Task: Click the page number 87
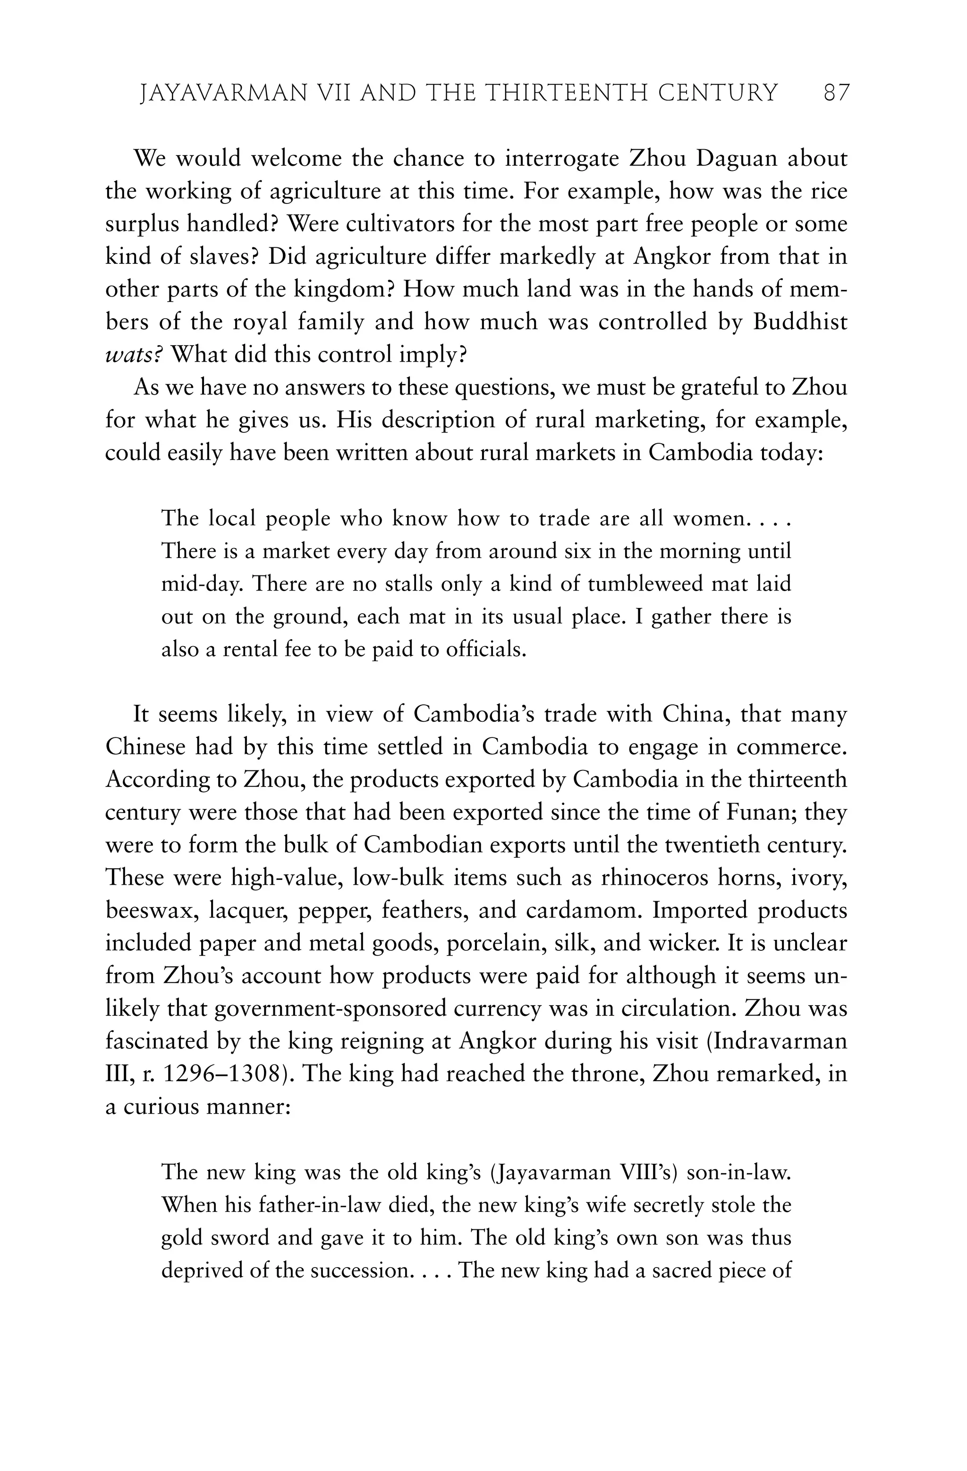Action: (x=837, y=93)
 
